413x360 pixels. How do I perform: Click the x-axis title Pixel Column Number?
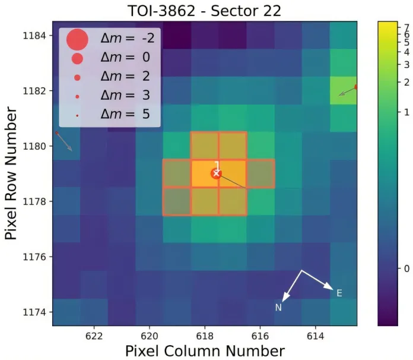pyautogui.click(x=205, y=350)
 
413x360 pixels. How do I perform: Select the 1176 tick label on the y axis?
pyautogui.click(x=37, y=257)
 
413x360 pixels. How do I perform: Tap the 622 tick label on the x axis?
pyautogui.click(x=94, y=335)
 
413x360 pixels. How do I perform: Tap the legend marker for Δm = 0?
pyautogui.click(x=77, y=58)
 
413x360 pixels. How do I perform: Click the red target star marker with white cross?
pyautogui.click(x=217, y=173)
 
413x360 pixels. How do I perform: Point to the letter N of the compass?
pyautogui.click(x=278, y=308)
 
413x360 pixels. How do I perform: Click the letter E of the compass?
pyautogui.click(x=339, y=293)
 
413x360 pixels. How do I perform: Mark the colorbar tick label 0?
pyautogui.click(x=406, y=269)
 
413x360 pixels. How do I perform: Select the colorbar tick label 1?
pyautogui.click(x=406, y=112)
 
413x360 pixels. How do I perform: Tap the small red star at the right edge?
pyautogui.click(x=356, y=87)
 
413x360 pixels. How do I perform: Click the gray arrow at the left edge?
pyautogui.click(x=63, y=141)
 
